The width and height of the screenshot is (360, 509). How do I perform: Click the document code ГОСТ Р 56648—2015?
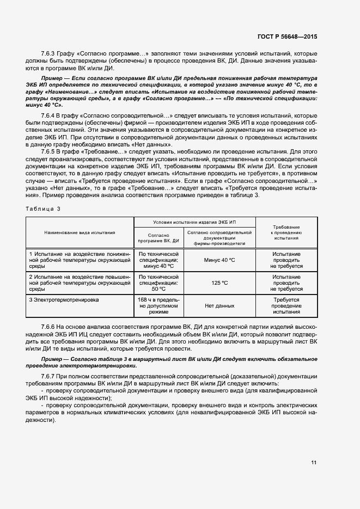click(x=287, y=36)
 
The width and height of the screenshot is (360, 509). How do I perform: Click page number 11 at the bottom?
click(x=314, y=463)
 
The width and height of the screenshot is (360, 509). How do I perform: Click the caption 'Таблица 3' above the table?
click(x=44, y=208)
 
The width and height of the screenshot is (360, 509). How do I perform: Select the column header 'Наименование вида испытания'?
click(x=80, y=232)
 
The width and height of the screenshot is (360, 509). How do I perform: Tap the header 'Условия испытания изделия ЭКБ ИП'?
click(x=195, y=222)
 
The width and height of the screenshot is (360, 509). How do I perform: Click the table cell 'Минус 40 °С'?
click(x=219, y=260)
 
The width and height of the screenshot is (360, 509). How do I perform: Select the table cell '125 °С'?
click(x=219, y=283)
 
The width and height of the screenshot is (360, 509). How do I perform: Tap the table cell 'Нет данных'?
click(x=219, y=306)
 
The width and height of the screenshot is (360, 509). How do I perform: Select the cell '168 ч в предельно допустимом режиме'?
click(x=158, y=306)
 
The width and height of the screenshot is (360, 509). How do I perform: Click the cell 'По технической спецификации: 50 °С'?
click(x=158, y=283)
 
